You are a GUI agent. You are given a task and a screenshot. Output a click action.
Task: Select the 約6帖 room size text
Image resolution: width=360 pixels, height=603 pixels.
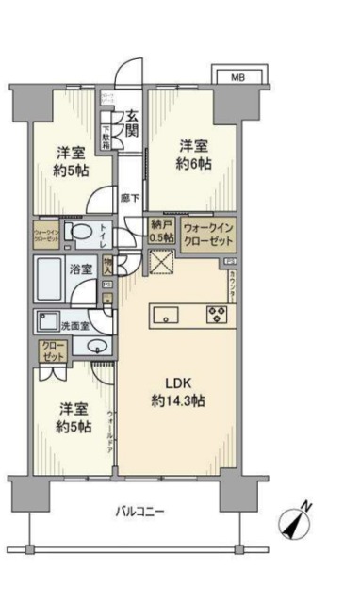pyautogui.click(x=196, y=163)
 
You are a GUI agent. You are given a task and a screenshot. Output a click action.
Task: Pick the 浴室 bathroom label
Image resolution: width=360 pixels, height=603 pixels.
pyautogui.click(x=81, y=270)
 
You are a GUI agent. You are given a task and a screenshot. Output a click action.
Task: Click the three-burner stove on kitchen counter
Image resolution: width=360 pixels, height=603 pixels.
pyautogui.click(x=220, y=316)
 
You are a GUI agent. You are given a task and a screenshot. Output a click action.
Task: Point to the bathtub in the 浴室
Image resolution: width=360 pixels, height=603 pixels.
pyautogui.click(x=52, y=279)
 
